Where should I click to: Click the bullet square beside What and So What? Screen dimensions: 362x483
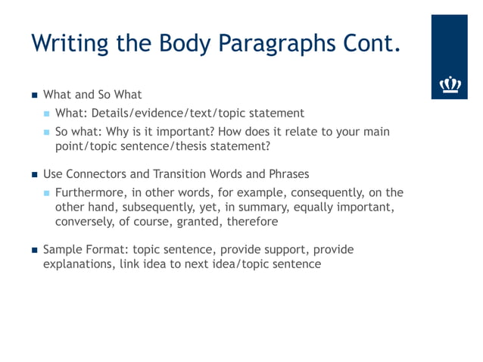(x=33, y=95)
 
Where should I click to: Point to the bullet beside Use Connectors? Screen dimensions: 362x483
(x=33, y=175)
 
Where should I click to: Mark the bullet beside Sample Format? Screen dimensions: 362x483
(x=33, y=250)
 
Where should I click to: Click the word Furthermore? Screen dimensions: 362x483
(x=88, y=192)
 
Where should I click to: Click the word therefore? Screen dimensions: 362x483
(x=254, y=223)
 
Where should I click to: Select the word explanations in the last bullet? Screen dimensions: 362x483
(x=77, y=264)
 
